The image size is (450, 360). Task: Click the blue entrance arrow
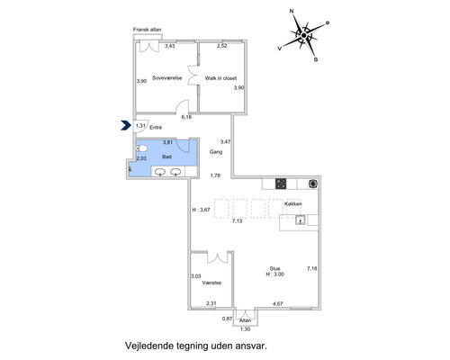coord(124,125)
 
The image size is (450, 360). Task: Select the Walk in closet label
coord(220,78)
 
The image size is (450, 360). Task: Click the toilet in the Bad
coord(141,148)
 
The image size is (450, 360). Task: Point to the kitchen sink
coord(301,220)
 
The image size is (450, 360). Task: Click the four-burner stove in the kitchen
coord(281,184)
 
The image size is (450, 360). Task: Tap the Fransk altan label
coord(148,30)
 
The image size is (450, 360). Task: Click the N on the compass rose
coord(292,12)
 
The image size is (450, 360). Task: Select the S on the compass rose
coord(316,59)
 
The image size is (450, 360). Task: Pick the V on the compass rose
coord(280,49)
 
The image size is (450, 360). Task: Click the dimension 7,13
coord(237,221)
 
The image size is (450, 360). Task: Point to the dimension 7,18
coord(312,268)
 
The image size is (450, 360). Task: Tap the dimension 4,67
coord(278,303)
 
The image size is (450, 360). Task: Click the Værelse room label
coord(211,283)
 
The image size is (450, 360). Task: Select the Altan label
coord(245,320)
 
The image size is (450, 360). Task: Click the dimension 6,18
coord(186,117)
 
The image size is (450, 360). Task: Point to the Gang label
coord(216,152)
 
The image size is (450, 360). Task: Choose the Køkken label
coord(293,203)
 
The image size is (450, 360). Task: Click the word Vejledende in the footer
coord(149,346)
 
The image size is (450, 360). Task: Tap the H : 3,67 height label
coord(201,210)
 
